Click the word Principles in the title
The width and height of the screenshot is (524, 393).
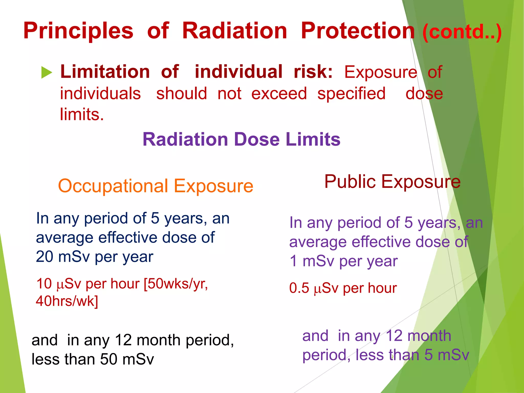(78, 31)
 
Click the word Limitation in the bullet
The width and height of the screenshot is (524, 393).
(105, 72)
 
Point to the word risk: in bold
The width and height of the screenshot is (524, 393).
(313, 72)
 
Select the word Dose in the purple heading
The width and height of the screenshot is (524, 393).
(257, 139)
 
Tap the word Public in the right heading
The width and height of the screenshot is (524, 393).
(350, 182)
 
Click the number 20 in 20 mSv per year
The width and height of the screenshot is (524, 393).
(44, 257)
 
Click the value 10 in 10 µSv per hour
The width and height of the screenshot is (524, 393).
(44, 284)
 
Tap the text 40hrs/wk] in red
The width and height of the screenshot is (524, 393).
(67, 301)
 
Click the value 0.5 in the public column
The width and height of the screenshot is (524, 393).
(299, 288)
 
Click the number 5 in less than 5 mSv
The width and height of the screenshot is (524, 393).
(428, 355)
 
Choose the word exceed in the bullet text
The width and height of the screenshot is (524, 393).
(279, 94)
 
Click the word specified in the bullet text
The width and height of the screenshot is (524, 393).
(351, 94)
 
